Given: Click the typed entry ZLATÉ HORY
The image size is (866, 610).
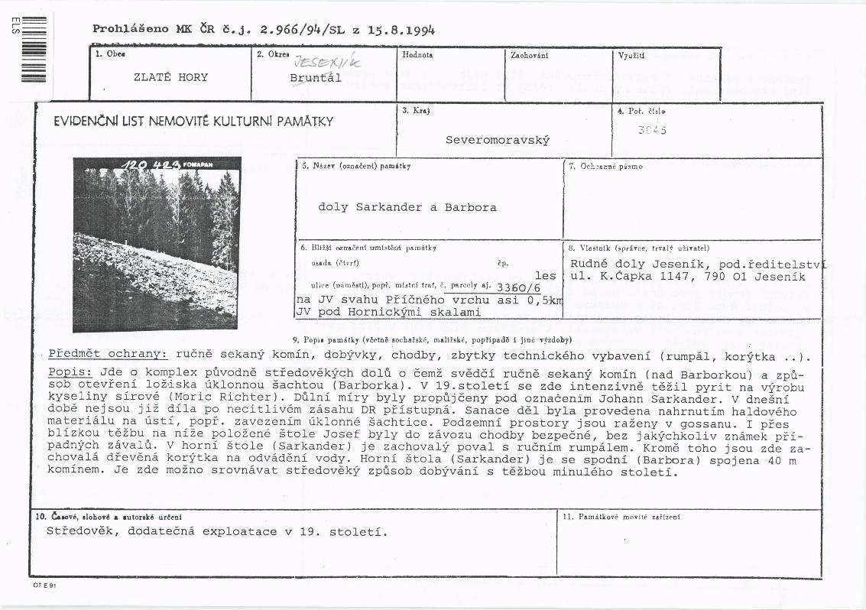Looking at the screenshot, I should (170, 77).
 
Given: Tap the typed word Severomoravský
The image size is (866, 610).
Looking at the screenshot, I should (498, 141).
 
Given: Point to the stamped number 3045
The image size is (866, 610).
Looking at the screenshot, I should (652, 130).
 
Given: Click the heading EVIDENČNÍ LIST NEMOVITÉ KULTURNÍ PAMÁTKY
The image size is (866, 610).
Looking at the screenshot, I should (193, 122).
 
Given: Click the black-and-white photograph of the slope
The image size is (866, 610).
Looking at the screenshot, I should (157, 245).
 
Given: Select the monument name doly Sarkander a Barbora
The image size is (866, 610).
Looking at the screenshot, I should (407, 207).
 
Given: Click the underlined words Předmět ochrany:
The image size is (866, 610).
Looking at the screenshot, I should (108, 355).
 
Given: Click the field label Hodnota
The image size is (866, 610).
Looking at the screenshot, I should (417, 55).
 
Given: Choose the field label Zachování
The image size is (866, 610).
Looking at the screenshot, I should (528, 55).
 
